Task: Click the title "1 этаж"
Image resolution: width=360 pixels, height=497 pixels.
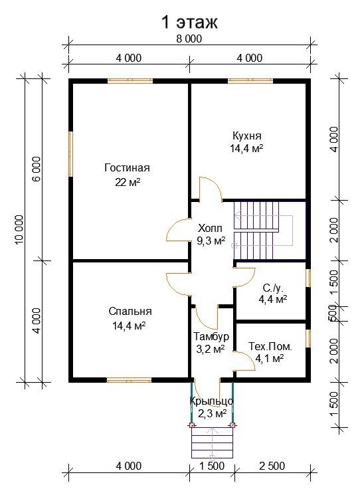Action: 189,22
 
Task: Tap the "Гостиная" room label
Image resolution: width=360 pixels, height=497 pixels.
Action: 127,167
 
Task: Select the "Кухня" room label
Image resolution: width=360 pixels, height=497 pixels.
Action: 247,136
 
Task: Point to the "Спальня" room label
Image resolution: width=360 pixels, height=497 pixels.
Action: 130,311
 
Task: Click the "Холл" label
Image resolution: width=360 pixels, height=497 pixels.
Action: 210,228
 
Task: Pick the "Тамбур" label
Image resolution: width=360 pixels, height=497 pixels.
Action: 211,336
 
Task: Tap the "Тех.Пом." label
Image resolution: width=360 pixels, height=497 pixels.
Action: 270,346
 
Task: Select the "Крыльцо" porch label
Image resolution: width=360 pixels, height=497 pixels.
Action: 212,401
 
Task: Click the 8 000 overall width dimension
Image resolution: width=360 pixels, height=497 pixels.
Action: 189,39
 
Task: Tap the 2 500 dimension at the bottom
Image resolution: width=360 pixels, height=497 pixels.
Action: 272,466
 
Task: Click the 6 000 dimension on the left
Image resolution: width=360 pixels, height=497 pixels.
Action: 37,169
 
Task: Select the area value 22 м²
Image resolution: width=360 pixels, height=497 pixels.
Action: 128,183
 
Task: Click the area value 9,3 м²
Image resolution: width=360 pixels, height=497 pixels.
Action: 211,241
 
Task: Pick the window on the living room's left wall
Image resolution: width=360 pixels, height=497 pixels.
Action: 71,154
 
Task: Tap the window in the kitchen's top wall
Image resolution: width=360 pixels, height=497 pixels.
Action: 250,81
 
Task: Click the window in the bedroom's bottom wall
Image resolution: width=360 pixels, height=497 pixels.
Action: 129,380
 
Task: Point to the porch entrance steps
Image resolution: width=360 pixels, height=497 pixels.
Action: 213,443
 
